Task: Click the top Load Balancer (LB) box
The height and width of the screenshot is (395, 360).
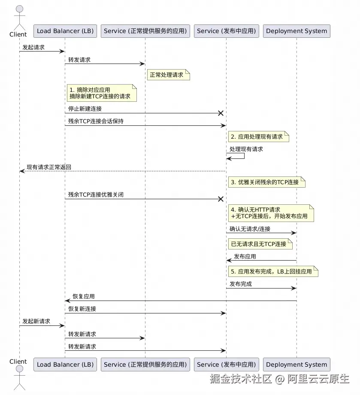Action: (65, 31)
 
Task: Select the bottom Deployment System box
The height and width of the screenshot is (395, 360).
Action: (296, 365)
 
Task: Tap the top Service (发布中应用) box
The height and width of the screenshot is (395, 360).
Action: (226, 31)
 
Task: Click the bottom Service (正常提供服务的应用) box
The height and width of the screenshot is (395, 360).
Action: (145, 365)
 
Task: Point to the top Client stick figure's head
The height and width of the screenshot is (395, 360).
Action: (20, 9)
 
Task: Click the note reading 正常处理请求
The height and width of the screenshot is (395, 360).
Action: (169, 75)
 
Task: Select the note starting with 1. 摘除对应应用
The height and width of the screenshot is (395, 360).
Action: (102, 93)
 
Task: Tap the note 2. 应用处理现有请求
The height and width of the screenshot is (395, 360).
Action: (259, 137)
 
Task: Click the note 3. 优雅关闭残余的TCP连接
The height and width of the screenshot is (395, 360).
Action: (267, 182)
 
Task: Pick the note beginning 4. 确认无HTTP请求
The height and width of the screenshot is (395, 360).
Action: (271, 213)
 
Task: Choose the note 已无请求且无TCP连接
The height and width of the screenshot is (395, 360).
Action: (260, 244)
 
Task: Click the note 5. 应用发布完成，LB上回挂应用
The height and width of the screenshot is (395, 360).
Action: (273, 271)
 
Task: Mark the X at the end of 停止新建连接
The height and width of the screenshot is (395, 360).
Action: (221, 113)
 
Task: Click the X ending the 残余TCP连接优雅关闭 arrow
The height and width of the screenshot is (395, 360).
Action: (221, 199)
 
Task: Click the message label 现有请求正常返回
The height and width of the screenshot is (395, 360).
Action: (49, 167)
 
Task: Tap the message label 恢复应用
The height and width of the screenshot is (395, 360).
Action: (84, 296)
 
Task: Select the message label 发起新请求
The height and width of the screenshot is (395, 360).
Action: (36, 321)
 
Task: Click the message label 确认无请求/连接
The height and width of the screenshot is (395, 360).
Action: (250, 229)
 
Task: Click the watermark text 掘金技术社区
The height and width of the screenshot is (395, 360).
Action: (241, 379)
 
